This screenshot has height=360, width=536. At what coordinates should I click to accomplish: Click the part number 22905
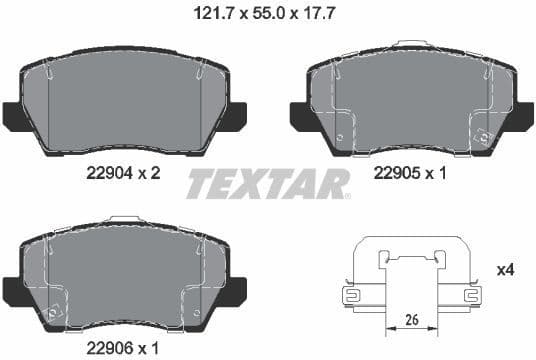tap(396, 173)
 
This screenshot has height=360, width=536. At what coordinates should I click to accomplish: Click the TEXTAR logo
tap(268, 184)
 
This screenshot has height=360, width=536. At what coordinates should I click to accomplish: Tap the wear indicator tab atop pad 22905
tap(410, 44)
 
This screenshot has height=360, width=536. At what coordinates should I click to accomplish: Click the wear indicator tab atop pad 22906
tap(124, 218)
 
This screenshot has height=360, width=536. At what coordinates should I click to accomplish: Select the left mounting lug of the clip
tap(351, 295)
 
